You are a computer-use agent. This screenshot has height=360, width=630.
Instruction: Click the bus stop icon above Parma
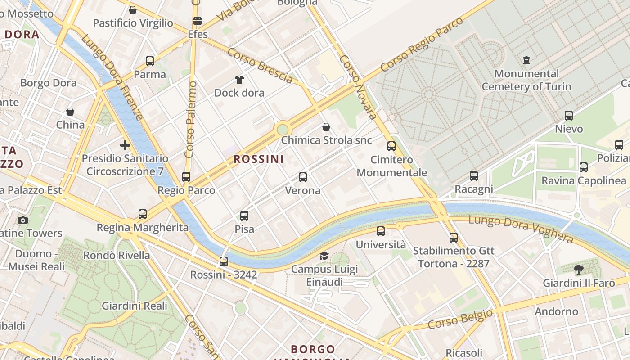click(150, 61)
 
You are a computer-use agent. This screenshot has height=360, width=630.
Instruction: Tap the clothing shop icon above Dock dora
click(239, 80)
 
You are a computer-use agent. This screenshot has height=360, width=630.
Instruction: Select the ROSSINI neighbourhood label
click(259, 159)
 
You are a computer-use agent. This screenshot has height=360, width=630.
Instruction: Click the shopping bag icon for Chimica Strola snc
click(326, 127)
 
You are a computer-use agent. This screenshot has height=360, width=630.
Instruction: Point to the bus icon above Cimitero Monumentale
click(391, 146)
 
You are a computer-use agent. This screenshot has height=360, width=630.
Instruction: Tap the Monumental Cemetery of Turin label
click(526, 80)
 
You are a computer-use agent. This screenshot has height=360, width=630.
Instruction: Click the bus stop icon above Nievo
click(569, 116)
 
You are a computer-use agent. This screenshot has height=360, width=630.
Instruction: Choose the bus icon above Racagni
click(473, 176)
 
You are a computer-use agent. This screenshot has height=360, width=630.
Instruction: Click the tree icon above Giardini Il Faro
click(579, 270)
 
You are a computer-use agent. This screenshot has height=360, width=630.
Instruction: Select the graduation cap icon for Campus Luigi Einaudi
click(324, 256)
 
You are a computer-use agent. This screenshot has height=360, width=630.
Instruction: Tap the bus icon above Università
click(381, 231)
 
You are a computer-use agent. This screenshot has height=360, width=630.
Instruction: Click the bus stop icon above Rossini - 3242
click(224, 261)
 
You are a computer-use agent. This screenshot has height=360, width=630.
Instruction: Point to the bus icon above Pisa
click(244, 216)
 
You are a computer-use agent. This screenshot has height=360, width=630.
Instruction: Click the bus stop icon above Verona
click(303, 177)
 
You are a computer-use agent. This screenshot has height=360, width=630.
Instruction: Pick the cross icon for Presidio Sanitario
click(125, 145)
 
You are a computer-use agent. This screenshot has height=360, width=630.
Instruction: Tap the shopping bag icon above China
click(70, 111)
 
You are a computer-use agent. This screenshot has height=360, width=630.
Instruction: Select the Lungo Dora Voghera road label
click(521, 229)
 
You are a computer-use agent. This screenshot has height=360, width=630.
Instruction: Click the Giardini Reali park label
click(135, 306)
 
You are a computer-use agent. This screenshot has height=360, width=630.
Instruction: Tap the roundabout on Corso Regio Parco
click(282, 130)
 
